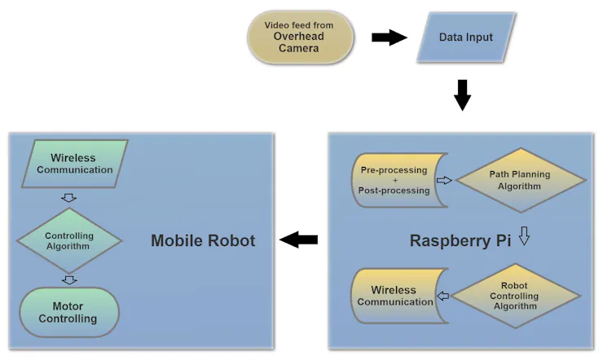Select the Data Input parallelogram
click(466, 37)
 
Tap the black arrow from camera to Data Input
click(389, 37)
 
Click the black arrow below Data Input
click(462, 94)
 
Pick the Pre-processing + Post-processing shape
click(394, 180)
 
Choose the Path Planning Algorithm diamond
click(519, 180)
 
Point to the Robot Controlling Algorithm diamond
click(519, 296)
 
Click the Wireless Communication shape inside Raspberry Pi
click(394, 296)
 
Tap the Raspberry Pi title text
click(460, 240)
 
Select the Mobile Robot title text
click(203, 240)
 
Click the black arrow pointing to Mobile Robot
click(298, 239)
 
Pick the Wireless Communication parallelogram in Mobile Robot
click(75, 164)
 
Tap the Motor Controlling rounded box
click(68, 312)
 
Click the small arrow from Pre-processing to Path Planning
click(445, 180)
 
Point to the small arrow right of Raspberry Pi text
click(525, 239)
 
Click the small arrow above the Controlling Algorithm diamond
click(69, 198)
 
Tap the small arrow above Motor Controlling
click(69, 279)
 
